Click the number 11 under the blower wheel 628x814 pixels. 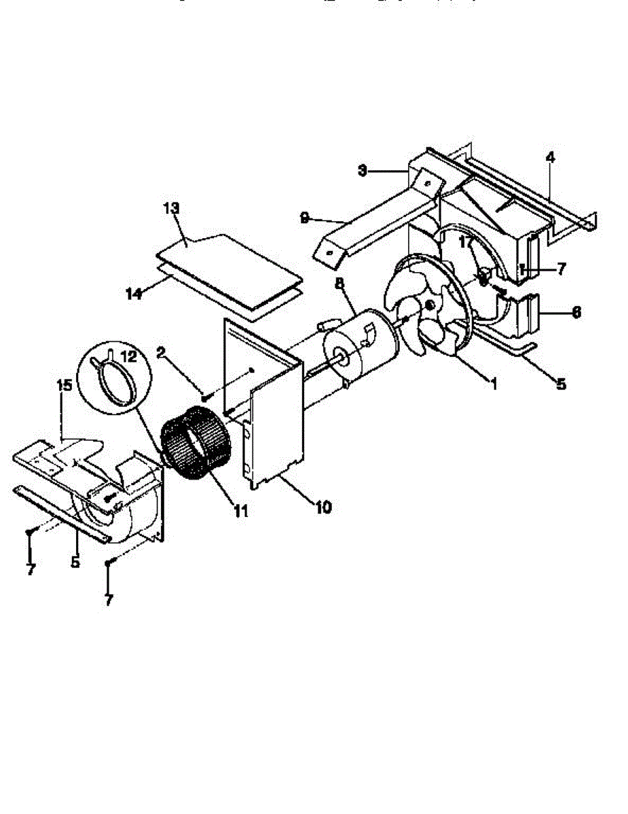tap(239, 510)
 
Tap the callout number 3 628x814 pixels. tap(363, 171)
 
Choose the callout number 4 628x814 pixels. tap(550, 157)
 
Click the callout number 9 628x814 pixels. tap(305, 217)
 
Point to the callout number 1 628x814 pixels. tap(494, 384)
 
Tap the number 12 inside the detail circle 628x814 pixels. tap(127, 355)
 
